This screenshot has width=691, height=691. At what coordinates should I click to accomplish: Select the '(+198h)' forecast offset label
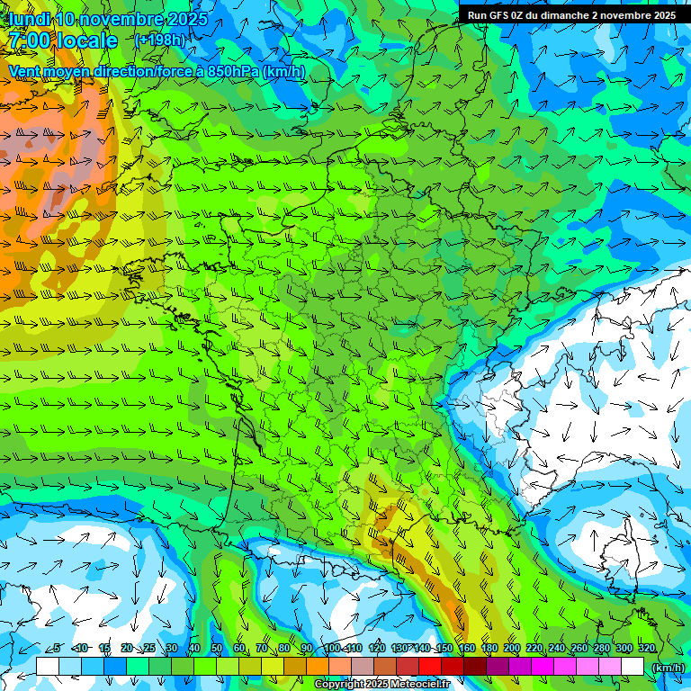coord(159,40)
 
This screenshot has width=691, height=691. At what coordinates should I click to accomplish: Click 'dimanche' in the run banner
coord(567,15)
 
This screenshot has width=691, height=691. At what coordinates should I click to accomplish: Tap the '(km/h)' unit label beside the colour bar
coord(667,667)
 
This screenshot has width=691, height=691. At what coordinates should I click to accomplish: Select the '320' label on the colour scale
coord(646,649)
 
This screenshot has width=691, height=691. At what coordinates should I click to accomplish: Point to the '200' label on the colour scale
coord(511,649)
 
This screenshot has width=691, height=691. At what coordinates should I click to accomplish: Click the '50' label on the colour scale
coord(217,649)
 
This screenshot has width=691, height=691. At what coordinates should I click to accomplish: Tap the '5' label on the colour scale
coord(57,649)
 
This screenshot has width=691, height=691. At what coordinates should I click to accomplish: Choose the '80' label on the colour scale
coord(284,649)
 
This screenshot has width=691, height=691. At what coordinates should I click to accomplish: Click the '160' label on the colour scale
coord(466,649)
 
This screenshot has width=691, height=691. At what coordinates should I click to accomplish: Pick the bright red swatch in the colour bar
coord(430,666)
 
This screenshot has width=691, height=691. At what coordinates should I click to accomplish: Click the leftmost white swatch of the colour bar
coord(48,666)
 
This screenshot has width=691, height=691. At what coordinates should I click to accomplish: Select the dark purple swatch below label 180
coord(498,666)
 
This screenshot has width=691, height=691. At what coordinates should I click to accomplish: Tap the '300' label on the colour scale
coord(624,649)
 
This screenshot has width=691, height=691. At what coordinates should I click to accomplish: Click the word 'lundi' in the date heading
coord(28,19)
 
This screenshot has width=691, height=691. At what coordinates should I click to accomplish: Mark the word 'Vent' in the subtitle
coord(25,71)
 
